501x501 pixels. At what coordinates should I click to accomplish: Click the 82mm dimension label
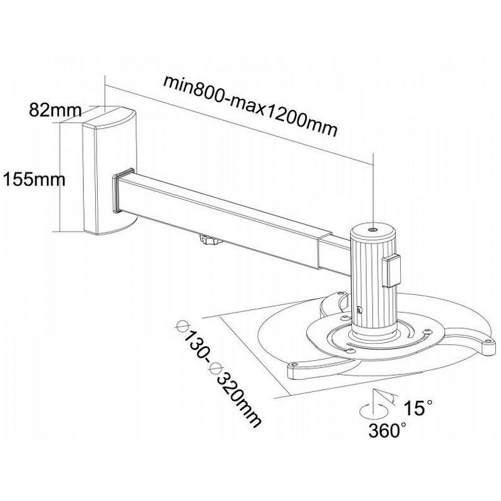(x=56, y=110)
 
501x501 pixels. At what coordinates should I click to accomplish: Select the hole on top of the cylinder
(x=373, y=230)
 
